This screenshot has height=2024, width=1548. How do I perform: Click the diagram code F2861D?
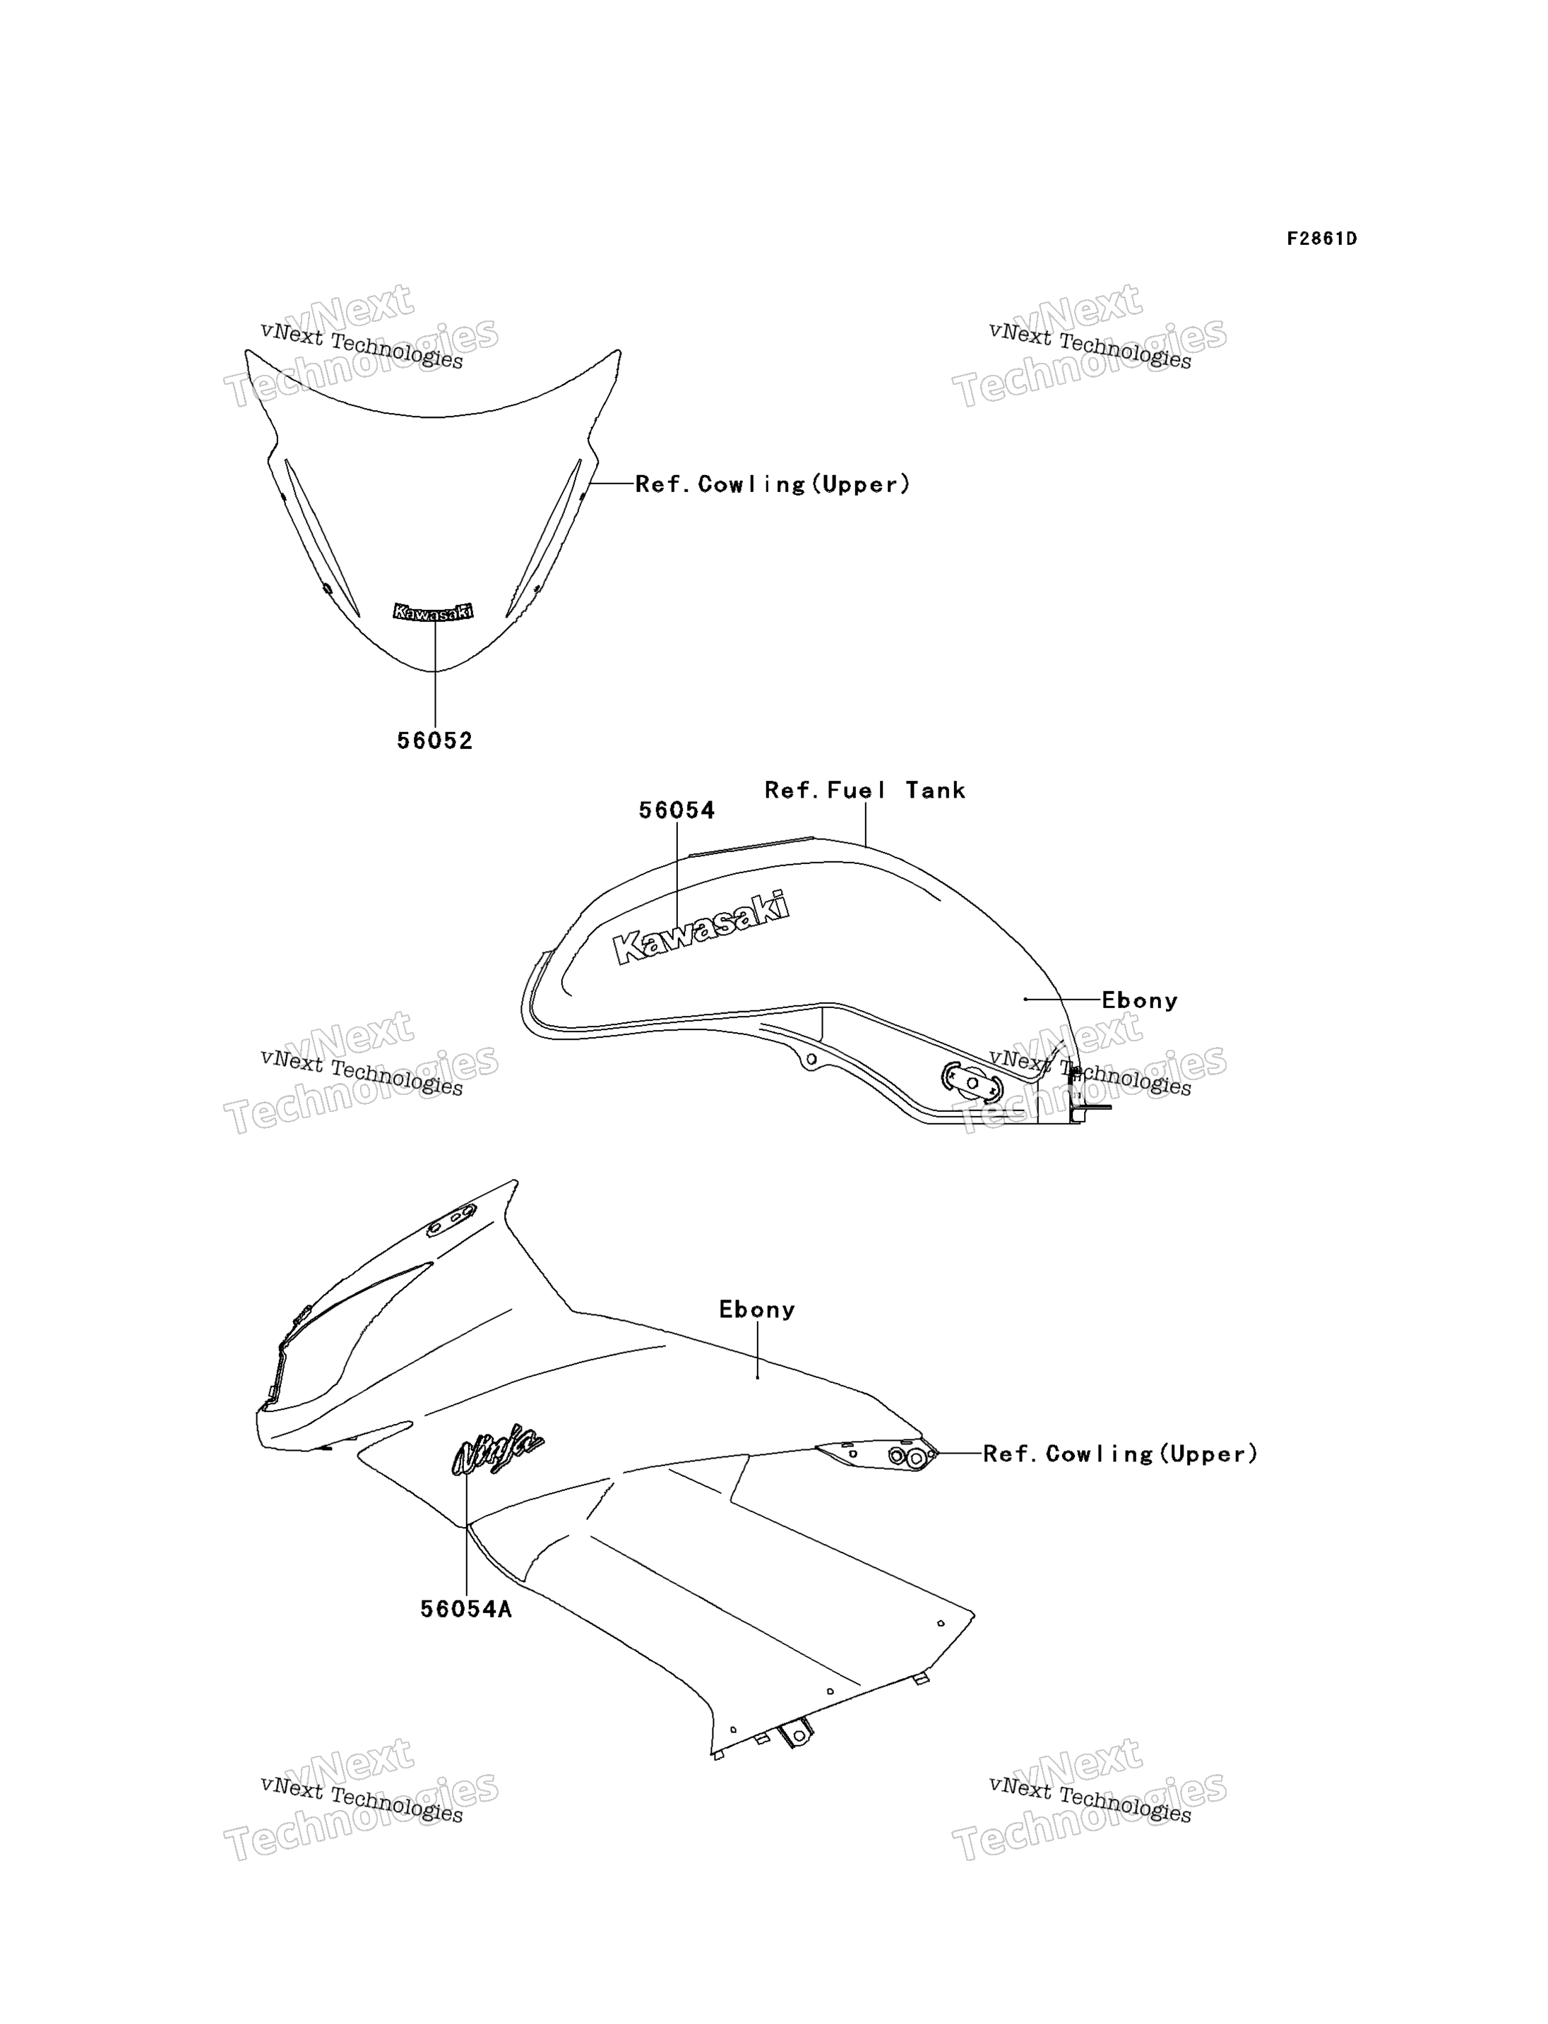tap(1321, 239)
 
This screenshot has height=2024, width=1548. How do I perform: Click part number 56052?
tap(435, 741)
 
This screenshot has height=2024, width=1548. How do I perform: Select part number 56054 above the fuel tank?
tap(677, 810)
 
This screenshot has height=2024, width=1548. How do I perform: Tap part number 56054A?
tap(466, 1608)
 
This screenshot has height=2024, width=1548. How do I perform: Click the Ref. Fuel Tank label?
tap(865, 791)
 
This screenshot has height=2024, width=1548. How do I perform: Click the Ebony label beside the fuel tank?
tap(1140, 1000)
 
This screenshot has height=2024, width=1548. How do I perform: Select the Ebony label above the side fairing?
tap(756, 1309)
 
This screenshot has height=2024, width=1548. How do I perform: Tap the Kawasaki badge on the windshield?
tap(433, 611)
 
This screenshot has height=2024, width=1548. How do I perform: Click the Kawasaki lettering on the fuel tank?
tap(701, 928)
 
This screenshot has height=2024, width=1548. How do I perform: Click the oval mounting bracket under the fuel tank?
tap(971, 1082)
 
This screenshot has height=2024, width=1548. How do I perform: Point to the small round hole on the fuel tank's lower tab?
tap(811, 1060)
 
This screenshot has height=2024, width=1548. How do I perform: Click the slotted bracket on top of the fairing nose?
tap(451, 1221)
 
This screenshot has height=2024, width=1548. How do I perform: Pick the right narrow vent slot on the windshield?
tap(544, 538)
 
